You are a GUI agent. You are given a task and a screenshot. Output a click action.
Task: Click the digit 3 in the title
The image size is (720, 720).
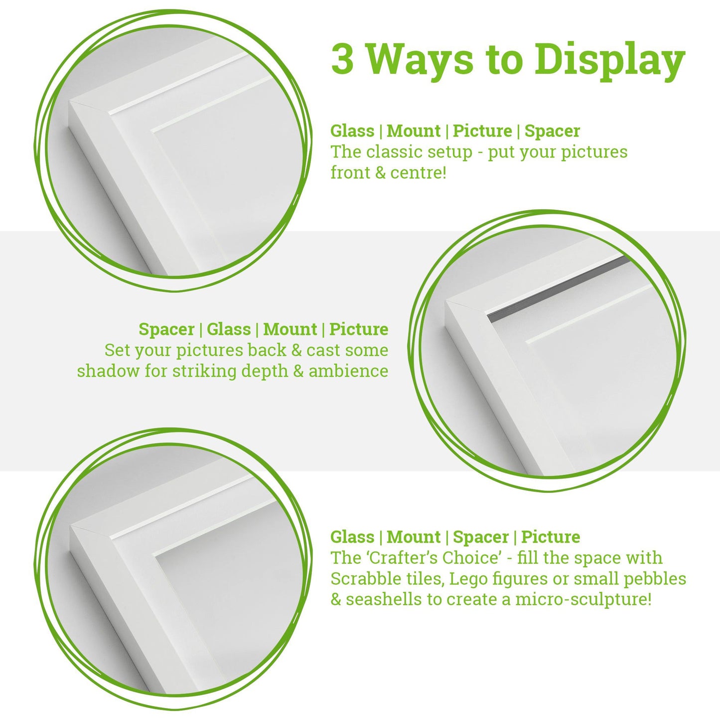[x=343, y=59]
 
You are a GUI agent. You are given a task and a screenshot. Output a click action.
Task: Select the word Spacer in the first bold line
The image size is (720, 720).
[x=552, y=131]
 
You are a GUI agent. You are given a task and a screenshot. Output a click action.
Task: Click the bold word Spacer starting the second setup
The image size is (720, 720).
[x=166, y=329]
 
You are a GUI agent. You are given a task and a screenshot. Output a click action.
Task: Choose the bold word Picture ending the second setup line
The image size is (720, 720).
[x=359, y=329]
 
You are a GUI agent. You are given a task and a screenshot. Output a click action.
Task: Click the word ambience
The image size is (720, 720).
[x=348, y=371]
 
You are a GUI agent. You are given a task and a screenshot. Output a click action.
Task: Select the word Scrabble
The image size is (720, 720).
[x=362, y=578]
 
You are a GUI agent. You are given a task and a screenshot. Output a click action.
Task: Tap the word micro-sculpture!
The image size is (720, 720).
[x=583, y=599]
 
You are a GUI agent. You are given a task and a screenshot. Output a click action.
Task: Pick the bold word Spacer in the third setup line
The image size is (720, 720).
[x=481, y=537]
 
